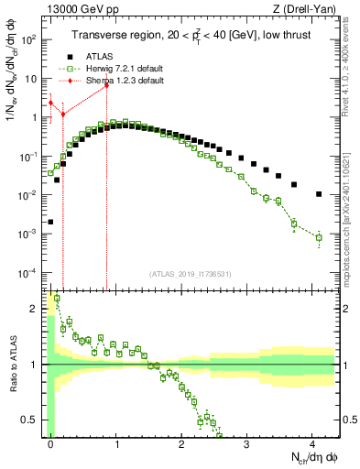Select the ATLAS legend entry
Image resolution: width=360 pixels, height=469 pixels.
point(99,55)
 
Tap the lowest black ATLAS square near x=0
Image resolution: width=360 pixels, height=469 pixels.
point(50,222)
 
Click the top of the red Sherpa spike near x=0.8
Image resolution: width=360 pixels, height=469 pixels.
point(106,85)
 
